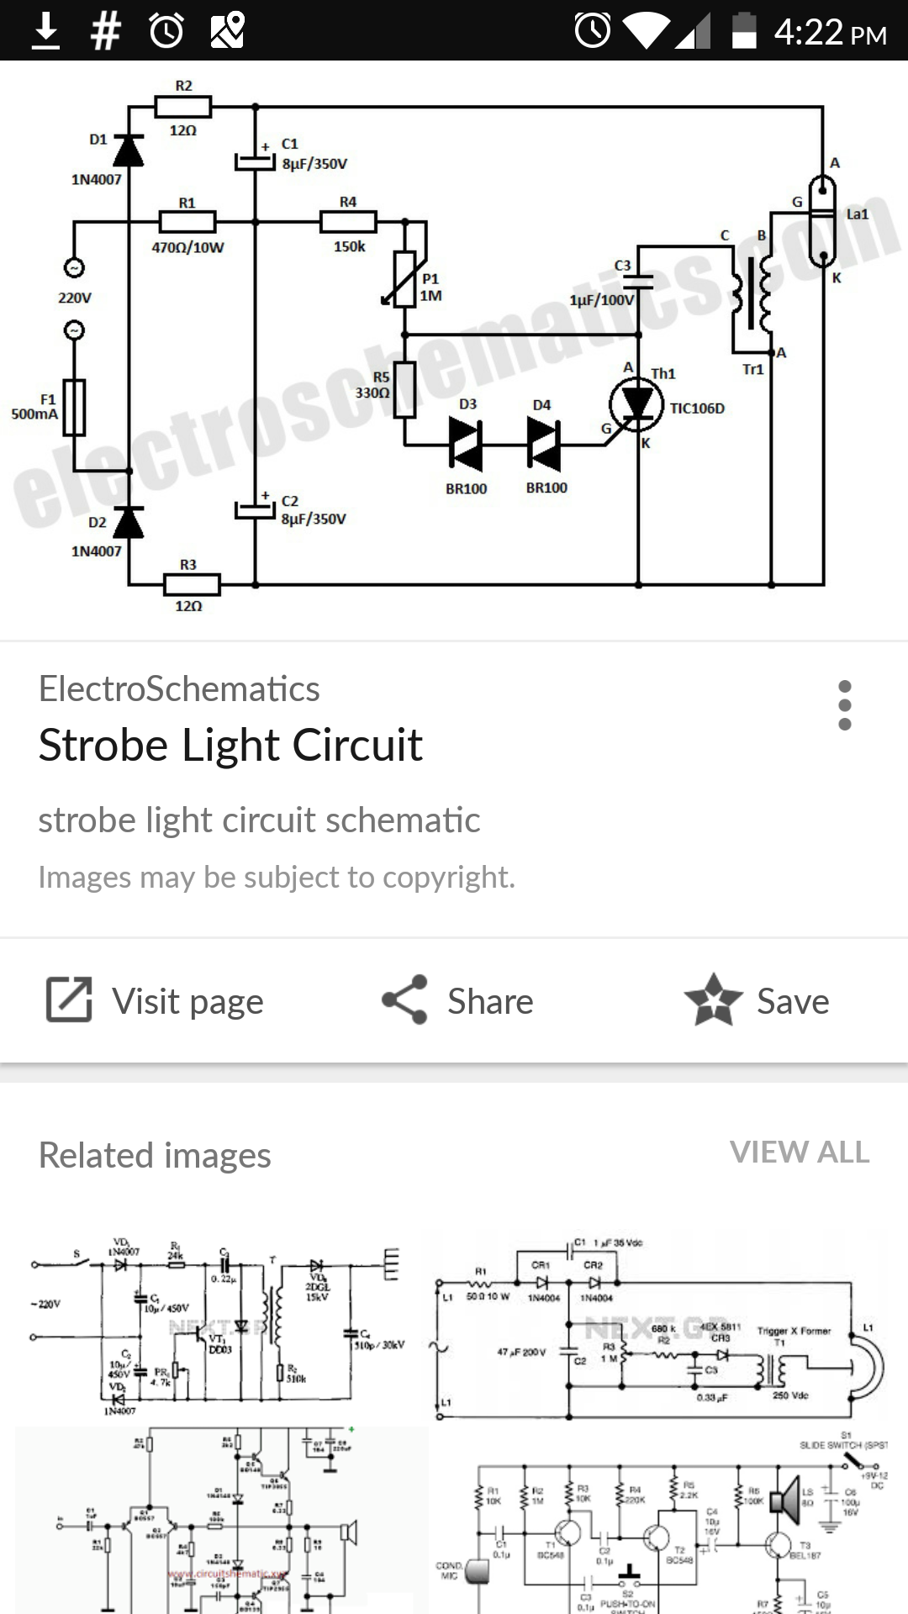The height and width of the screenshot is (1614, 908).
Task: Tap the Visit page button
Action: [155, 1000]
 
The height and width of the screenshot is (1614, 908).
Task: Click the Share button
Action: [458, 1000]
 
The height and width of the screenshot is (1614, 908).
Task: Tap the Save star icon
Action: [713, 1000]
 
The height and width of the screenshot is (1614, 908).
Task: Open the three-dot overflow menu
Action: [845, 705]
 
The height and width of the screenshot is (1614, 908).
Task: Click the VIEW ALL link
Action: [800, 1152]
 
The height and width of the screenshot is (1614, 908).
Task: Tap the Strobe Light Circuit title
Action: [230, 745]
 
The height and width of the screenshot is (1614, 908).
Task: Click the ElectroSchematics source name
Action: [179, 689]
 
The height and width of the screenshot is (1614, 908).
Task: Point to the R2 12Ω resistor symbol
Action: [183, 107]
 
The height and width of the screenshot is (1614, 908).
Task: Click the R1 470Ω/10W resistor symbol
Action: [187, 222]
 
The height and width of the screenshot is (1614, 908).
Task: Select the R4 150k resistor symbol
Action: [348, 222]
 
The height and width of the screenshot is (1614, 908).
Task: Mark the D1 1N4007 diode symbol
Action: [129, 150]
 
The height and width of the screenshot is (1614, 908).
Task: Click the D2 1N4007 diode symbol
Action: [129, 522]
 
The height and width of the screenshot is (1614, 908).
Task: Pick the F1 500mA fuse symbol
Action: [75, 407]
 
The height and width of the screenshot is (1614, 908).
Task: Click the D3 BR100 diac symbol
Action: [466, 443]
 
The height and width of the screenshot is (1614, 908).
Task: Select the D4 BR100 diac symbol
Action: [545, 443]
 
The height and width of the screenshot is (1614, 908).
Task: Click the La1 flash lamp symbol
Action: [821, 220]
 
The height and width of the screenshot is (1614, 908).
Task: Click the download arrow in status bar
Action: [45, 32]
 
